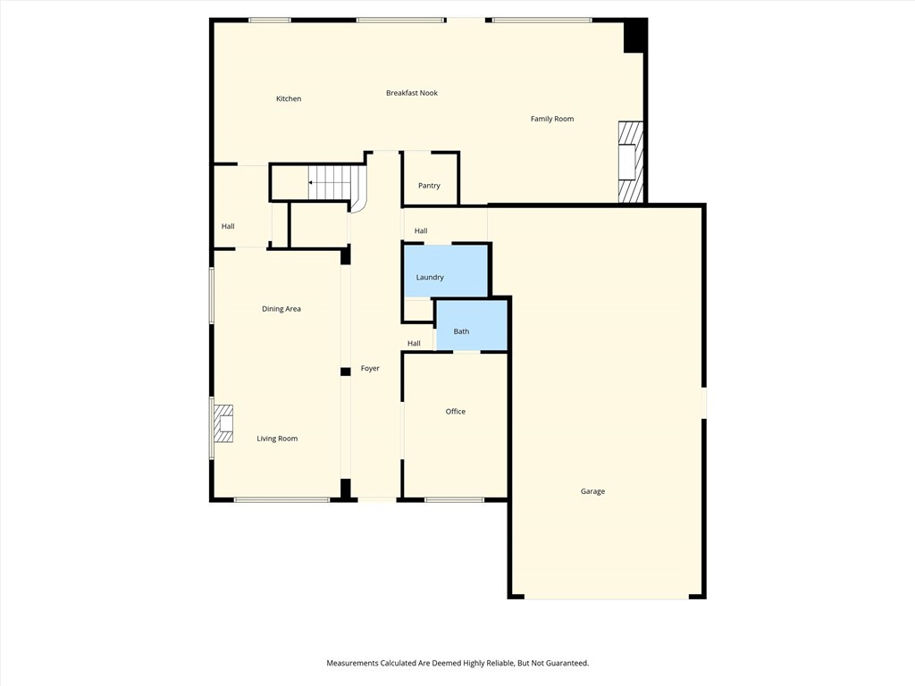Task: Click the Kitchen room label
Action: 289,99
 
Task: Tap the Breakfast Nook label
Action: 412,93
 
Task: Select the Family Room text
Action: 552,119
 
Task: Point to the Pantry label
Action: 429,186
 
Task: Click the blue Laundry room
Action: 445,270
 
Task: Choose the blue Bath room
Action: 471,325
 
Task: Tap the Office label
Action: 456,412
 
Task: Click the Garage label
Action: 592,491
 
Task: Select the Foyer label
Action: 370,368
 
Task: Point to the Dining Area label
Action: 281,309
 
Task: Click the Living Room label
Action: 277,439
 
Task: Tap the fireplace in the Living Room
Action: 222,424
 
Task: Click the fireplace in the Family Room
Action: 630,162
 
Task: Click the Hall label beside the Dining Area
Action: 228,227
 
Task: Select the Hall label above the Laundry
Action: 421,231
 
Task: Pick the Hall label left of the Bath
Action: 414,344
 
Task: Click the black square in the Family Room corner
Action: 634,36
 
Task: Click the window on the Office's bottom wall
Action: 454,499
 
